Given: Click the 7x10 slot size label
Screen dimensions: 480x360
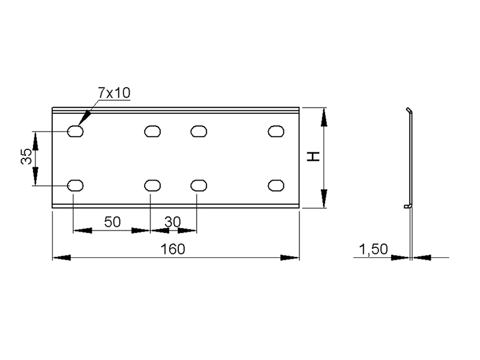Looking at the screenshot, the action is (114, 93).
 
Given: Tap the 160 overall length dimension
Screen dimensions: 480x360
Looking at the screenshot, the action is (173, 249).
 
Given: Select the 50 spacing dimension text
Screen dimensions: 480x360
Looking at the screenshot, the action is (112, 221).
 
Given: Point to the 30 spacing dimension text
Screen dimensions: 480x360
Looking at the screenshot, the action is (173, 221).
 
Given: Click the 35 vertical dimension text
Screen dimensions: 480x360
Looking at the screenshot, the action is (26, 156).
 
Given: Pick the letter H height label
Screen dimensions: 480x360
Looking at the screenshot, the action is (313, 157).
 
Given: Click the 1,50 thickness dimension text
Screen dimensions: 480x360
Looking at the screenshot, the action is (373, 249).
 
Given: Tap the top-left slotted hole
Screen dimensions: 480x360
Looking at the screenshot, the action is (76, 131).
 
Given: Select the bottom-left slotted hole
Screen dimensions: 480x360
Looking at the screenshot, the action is (76, 185).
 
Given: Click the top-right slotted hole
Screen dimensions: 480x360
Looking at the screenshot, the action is (276, 131).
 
